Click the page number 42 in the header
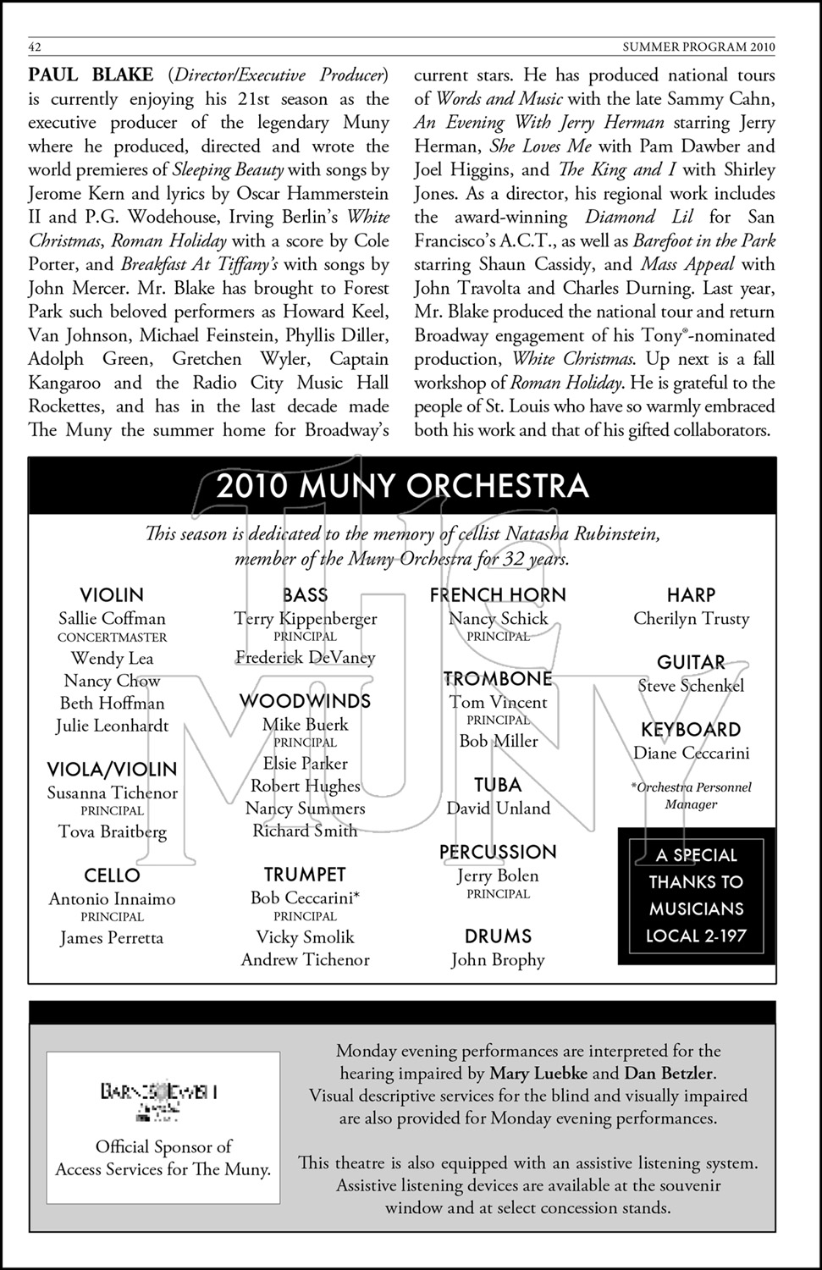(x=36, y=46)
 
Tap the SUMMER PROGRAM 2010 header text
(x=698, y=46)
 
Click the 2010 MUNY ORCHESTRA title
(x=402, y=486)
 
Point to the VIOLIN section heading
(x=112, y=595)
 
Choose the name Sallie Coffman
(x=112, y=619)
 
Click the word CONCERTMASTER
(x=112, y=638)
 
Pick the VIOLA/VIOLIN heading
(x=112, y=770)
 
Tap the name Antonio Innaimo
(x=112, y=899)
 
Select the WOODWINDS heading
(x=305, y=701)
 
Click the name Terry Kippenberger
(x=305, y=619)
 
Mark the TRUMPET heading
(x=305, y=875)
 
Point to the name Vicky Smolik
(x=305, y=937)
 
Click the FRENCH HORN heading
(x=498, y=595)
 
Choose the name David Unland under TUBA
(x=498, y=809)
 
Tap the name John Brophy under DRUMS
(x=498, y=960)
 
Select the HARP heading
(x=691, y=595)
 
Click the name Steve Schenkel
(x=691, y=686)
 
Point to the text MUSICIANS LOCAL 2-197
(x=695, y=923)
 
